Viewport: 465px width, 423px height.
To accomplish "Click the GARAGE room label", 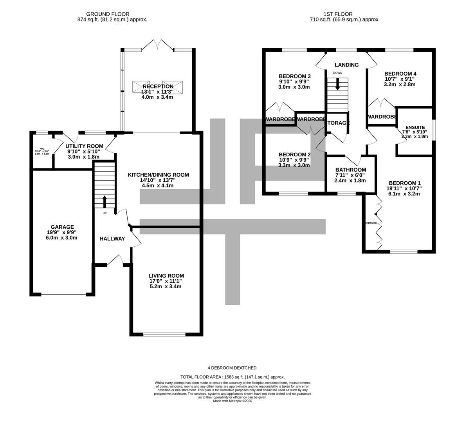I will point(62,227).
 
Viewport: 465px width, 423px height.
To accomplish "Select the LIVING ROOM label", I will point(166,275).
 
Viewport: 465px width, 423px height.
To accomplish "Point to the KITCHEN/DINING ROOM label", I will point(158,175).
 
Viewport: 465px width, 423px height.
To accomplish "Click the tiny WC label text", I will point(42,148).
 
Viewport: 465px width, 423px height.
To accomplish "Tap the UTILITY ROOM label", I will point(84,146).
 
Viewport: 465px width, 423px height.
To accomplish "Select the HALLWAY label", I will point(112,239).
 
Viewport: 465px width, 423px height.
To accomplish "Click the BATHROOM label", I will point(350,170).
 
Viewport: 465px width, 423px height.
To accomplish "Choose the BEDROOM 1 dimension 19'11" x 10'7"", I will point(405,188).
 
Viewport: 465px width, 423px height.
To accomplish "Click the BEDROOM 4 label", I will point(400,74).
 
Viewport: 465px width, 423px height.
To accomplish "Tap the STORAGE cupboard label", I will point(337,123).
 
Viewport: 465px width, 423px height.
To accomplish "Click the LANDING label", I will point(346,65).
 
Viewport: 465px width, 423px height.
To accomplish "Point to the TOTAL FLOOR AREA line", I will point(232,376).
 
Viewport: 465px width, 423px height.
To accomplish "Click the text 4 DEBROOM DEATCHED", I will point(232,368).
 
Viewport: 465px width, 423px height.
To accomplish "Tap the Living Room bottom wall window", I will point(164,334).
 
